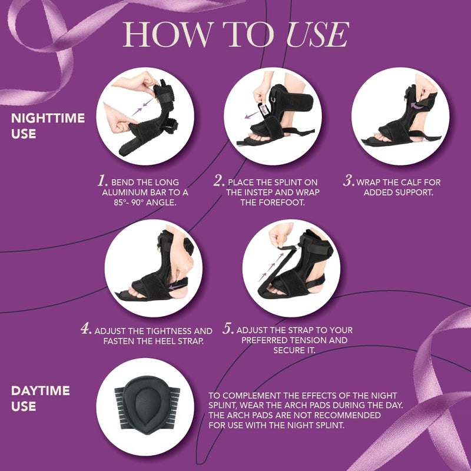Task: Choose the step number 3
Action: (349, 181)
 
